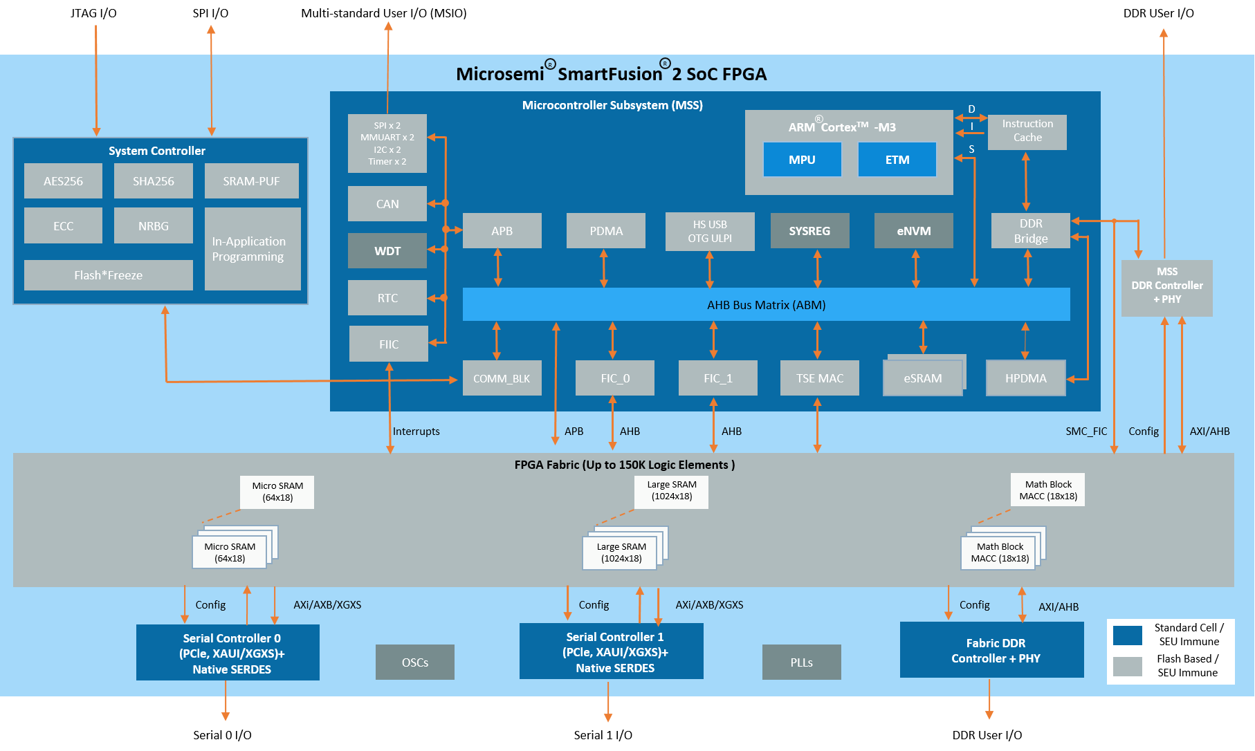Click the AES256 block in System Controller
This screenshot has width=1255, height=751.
63,181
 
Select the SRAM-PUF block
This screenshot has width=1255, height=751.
251,181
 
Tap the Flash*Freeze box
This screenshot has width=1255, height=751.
108,275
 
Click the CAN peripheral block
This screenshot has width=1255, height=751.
387,204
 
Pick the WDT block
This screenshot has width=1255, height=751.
387,251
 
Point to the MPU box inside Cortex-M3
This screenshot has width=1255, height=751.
802,160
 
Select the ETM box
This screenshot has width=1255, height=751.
897,160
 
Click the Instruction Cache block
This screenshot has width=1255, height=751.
1027,131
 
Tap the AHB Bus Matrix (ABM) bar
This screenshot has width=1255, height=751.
766,305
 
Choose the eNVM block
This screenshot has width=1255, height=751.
913,231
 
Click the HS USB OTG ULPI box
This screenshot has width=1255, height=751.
709,232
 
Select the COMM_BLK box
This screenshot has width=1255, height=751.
502,378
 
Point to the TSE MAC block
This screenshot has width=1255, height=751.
819,378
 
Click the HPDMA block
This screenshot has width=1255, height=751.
1025,378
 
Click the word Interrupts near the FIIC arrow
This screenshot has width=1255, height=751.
416,432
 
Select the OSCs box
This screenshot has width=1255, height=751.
414,662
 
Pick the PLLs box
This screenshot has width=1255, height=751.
801,662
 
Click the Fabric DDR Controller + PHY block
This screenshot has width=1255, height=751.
991,650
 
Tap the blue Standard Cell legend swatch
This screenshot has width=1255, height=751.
1127,635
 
